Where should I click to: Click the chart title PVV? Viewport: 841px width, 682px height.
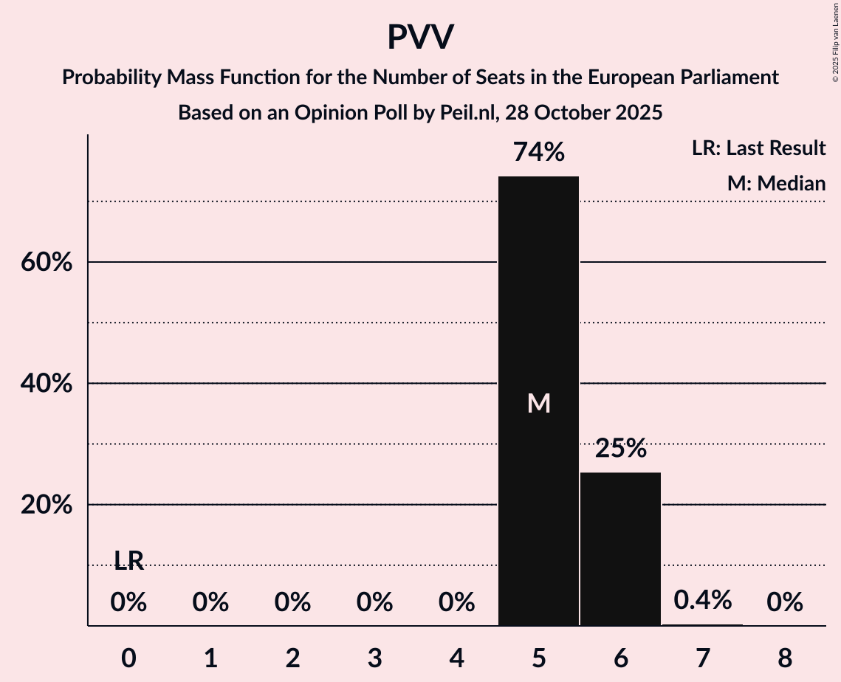[x=420, y=37]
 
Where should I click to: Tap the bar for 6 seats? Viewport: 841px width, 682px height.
[x=620, y=549]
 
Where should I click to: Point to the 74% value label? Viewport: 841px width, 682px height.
[x=539, y=153]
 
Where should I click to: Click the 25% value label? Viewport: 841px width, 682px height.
[x=621, y=448]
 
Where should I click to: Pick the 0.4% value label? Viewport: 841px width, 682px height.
[x=702, y=600]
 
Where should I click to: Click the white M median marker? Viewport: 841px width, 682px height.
[x=539, y=403]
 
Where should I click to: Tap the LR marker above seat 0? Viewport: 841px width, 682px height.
[x=128, y=562]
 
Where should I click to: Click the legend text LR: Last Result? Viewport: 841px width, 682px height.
[x=758, y=148]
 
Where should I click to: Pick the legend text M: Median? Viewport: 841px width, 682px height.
[x=776, y=183]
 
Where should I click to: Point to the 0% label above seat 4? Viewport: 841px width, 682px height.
[x=456, y=603]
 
